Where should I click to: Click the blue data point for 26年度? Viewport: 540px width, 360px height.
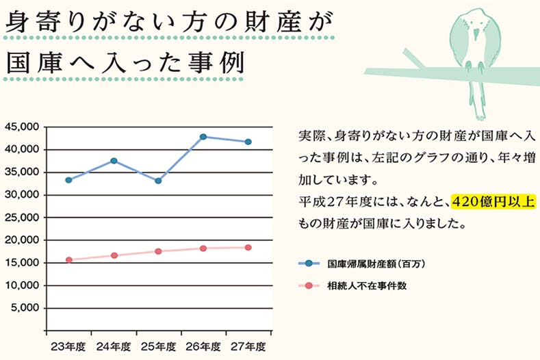click(x=203, y=137)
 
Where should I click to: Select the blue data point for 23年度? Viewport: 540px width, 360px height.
click(x=68, y=180)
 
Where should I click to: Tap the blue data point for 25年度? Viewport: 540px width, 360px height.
click(x=158, y=181)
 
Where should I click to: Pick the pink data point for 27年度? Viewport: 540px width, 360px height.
click(x=248, y=247)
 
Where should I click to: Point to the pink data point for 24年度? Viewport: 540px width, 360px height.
click(x=114, y=255)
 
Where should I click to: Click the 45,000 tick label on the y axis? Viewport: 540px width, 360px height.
click(x=23, y=127)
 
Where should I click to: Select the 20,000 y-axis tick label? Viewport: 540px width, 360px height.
click(x=23, y=240)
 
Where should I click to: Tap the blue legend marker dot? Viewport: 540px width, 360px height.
click(x=310, y=263)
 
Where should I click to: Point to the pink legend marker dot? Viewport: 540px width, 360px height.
click(x=310, y=285)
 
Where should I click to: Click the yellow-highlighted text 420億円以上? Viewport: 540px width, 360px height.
click(x=492, y=202)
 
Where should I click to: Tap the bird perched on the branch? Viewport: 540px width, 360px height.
click(x=472, y=41)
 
